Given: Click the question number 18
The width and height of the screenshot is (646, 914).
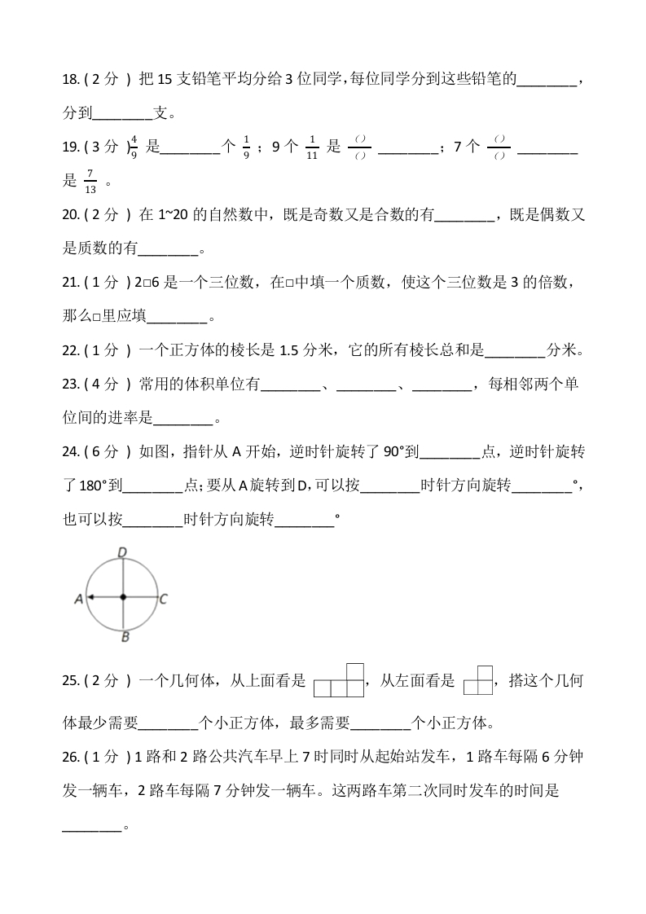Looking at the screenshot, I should click(x=70, y=81).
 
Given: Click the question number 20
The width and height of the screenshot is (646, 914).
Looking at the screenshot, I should click(x=70, y=215).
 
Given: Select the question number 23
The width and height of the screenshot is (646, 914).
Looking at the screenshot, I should click(x=70, y=384).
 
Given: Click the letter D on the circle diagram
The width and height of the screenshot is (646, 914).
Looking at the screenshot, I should click(x=121, y=553).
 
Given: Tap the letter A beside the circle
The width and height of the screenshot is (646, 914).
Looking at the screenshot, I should click(x=78, y=599).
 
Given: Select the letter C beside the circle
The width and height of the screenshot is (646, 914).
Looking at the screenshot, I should click(x=164, y=599).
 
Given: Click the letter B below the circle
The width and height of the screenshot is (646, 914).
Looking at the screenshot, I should click(x=124, y=637).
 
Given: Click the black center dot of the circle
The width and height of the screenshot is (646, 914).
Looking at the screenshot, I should click(x=122, y=597).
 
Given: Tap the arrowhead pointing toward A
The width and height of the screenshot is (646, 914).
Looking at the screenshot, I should click(x=91, y=597).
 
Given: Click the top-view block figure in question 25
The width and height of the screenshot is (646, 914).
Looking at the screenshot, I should click(x=339, y=680).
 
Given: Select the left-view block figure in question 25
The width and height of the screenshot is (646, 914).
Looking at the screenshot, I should click(x=478, y=680).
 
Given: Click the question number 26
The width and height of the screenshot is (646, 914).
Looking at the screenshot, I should click(x=70, y=757).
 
